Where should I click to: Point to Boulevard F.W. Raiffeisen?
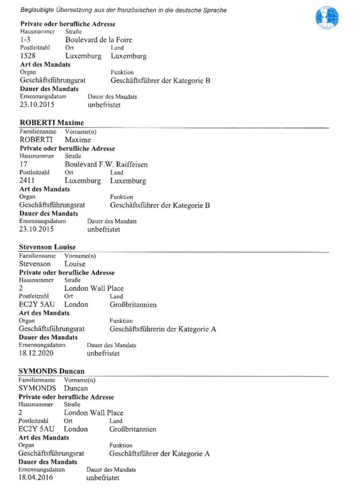coord(106,164)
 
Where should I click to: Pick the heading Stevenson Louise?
coord(47,247)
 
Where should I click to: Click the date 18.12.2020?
coord(36,353)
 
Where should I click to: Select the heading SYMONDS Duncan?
coord(51,371)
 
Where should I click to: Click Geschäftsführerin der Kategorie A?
coord(163,329)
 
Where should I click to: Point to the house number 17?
coord(23,164)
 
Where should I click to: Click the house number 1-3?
coord(25,40)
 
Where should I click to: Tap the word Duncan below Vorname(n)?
coord(76,387)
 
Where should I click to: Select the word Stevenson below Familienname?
coord(35,264)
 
